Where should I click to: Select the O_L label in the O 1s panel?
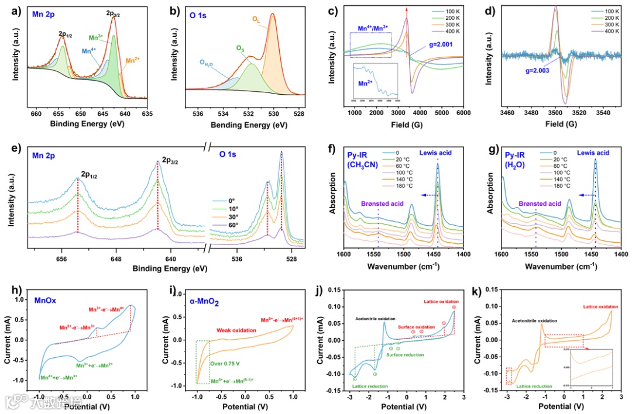[x=256, y=19]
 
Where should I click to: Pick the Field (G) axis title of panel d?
[x=561, y=124]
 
